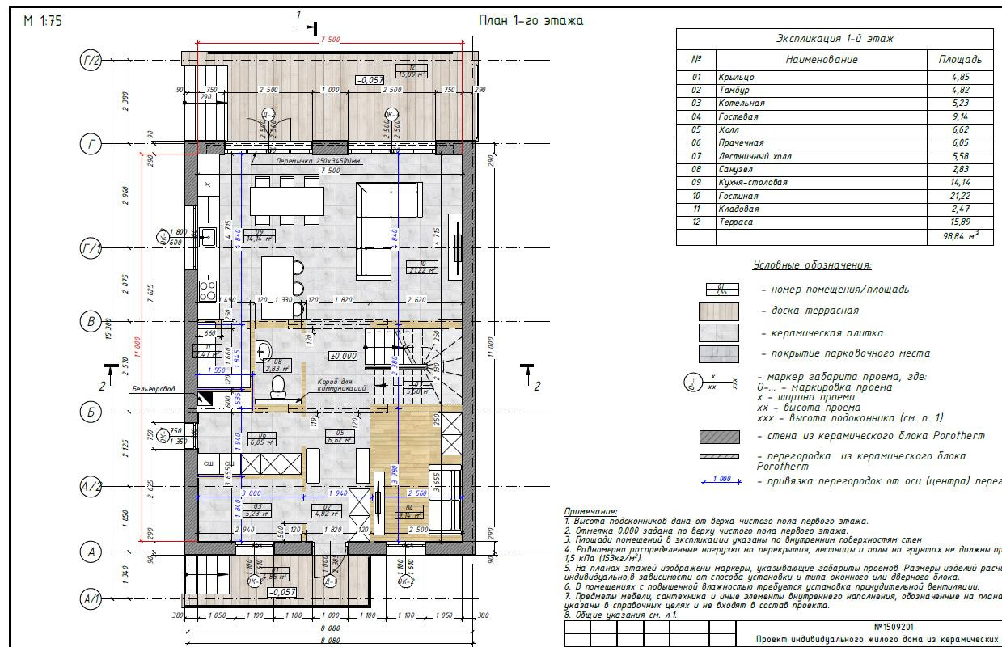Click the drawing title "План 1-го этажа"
coord(531,20)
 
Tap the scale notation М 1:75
coord(43,21)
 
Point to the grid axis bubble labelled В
coord(91,321)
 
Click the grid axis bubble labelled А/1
coord(91,599)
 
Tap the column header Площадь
coord(960,60)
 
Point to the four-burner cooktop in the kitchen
coord(208,290)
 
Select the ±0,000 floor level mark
coord(343,355)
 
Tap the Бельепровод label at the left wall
coord(154,390)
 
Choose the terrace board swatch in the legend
coord(718,311)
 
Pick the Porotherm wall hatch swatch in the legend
coord(718,437)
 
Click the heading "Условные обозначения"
coord(812,265)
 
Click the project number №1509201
coord(894,627)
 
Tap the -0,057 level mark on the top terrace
coord(370,80)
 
